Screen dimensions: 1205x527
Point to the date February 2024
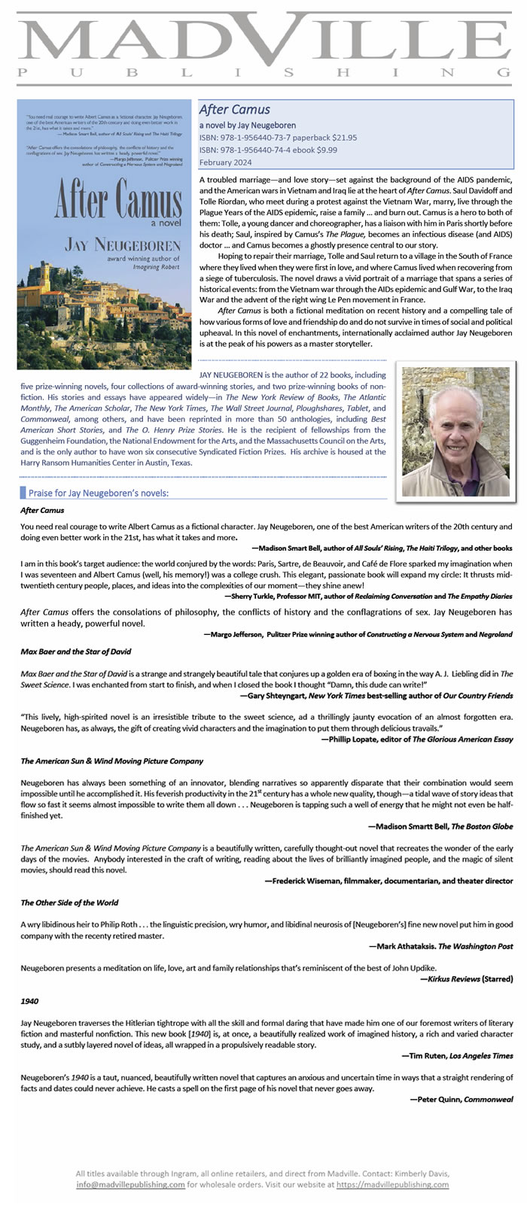pos(226,162)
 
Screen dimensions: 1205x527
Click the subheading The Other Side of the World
pos(69,903)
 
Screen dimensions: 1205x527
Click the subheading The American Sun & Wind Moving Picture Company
pos(112,761)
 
